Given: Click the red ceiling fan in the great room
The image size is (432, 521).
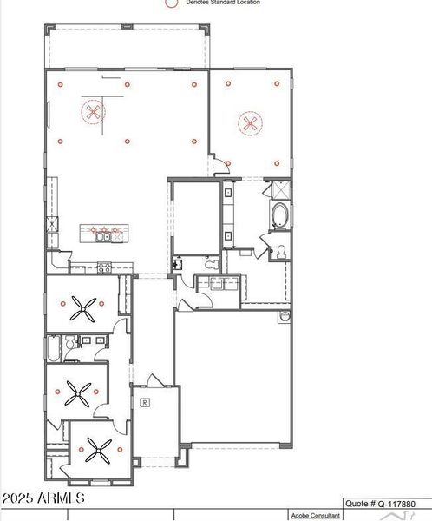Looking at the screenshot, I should pyautogui.click(x=93, y=112).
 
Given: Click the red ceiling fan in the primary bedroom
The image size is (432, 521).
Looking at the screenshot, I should pyautogui.click(x=251, y=122).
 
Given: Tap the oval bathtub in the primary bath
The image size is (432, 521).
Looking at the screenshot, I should pyautogui.click(x=279, y=216).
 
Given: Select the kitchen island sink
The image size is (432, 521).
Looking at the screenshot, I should pyautogui.click(x=103, y=234).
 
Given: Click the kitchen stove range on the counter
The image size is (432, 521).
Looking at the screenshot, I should pyautogui.click(x=104, y=267).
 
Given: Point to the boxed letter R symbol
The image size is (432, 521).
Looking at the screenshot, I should pyautogui.click(x=145, y=402).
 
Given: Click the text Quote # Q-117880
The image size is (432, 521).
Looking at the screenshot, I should pyautogui.click(x=387, y=503).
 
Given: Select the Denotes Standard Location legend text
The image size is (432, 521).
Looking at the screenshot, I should pyautogui.click(x=222, y=3).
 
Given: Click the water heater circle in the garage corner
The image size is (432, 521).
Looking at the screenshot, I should pyautogui.click(x=283, y=318).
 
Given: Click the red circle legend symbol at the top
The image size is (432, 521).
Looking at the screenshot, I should pyautogui.click(x=171, y=3).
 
